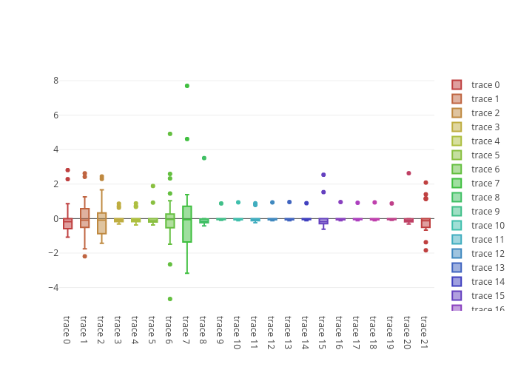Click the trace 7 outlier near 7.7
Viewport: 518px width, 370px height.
187,86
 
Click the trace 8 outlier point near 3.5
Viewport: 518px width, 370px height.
204,158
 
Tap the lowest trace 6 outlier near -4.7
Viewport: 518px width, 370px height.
170,299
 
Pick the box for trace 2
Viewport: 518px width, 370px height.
102,223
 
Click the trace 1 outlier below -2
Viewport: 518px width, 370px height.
84,256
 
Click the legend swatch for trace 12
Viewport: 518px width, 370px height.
457,254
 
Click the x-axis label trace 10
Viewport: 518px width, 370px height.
236,332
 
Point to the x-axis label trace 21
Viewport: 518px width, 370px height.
424,332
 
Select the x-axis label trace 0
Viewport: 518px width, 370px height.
67,330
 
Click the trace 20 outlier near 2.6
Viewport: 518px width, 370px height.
408,173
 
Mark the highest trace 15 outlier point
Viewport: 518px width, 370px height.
323,175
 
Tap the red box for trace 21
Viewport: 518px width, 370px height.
425,223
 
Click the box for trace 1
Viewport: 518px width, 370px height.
85,218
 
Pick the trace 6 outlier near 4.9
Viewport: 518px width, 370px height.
170,134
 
